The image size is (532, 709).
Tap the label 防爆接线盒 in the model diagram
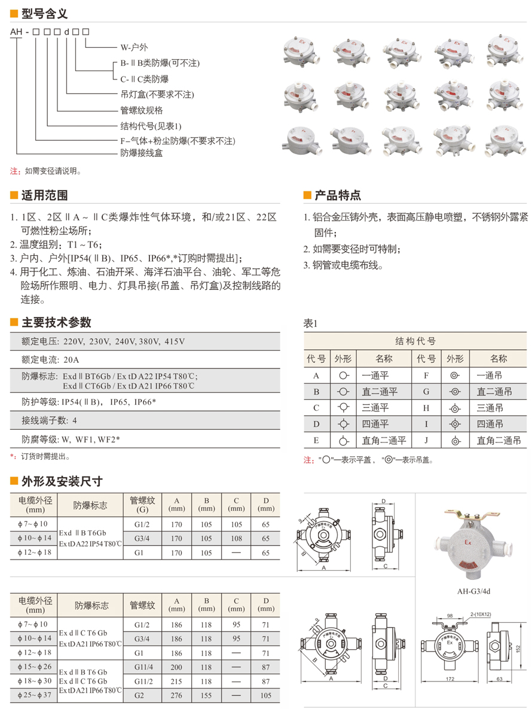[x=142, y=153]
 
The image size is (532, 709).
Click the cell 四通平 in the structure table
[x=375, y=424]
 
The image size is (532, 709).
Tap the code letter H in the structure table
[x=426, y=408]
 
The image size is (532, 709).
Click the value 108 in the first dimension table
[x=236, y=539]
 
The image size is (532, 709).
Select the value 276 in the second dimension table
[x=177, y=695]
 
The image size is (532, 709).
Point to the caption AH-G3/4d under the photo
[x=474, y=592]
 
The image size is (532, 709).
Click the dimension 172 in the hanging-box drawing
[x=451, y=680]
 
